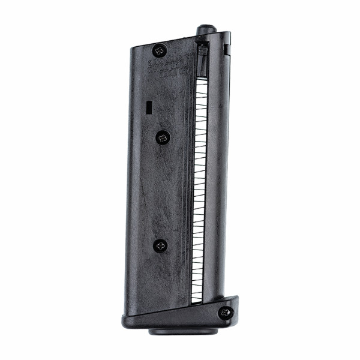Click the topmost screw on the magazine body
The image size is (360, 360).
(159, 50)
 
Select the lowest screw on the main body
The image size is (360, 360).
(160, 245)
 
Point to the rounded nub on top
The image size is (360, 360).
(205, 29)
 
